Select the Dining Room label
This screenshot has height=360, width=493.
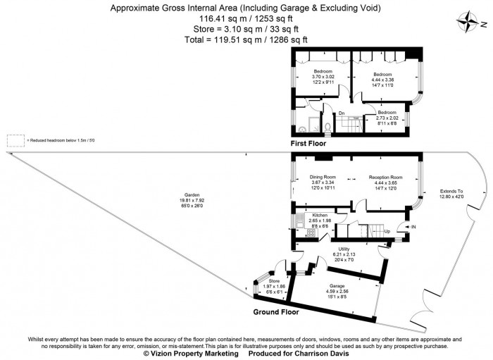323,177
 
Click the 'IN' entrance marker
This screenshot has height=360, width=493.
413,227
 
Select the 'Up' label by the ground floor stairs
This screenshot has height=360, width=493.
387,231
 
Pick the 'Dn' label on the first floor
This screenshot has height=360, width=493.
342,113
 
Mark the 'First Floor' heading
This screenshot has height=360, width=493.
313,143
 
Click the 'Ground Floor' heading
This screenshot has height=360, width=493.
277,311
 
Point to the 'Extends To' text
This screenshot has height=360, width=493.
451,192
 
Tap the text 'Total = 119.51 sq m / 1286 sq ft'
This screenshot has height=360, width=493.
246,39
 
